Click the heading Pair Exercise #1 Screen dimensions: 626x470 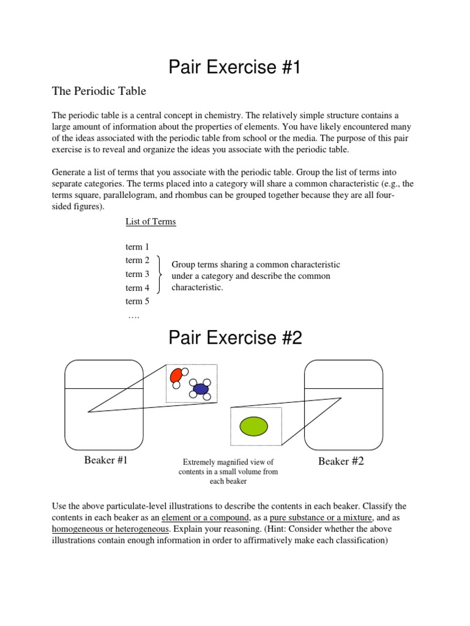tap(235, 67)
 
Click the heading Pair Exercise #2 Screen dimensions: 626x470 tap(235, 337)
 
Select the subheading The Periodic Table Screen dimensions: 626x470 tap(99, 91)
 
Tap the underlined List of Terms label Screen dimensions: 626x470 tap(151, 221)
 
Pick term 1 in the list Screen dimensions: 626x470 tap(137, 247)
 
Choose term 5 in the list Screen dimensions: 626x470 tap(137, 301)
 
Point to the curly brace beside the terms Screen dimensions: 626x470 tap(160, 274)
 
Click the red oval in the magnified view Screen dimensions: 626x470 tap(176, 375)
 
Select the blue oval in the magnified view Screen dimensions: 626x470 tap(200, 389)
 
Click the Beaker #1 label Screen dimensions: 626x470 tap(106, 460)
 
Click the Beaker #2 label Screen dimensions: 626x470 tap(341, 462)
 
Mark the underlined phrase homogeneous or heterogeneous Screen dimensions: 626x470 tap(111, 528)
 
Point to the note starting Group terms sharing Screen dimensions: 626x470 tap(255, 276)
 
